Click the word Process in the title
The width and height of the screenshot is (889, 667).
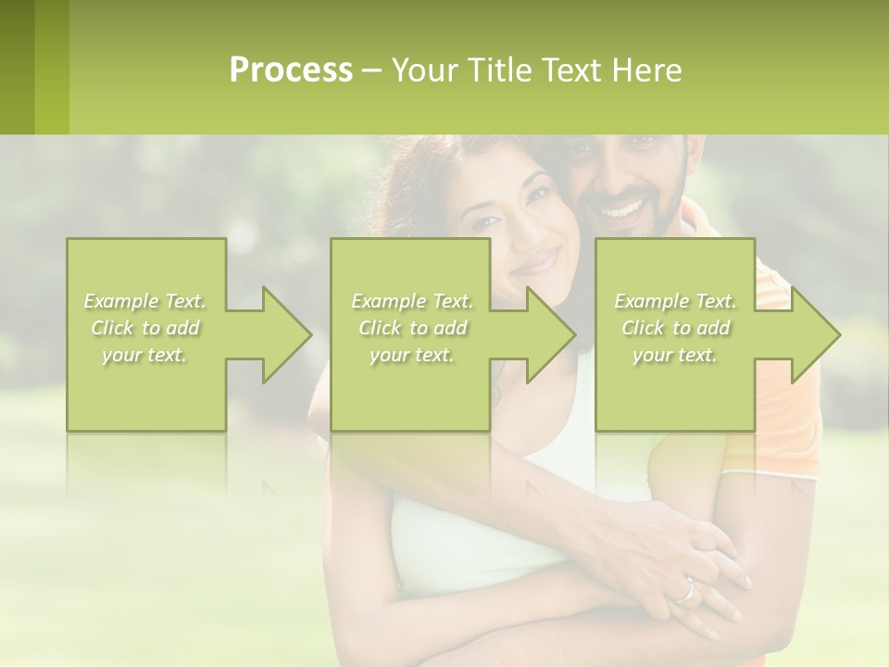point(291,69)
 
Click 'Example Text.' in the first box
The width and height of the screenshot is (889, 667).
point(145,301)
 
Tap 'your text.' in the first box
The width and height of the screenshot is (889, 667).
point(145,355)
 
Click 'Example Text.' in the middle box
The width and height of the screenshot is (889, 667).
point(412,301)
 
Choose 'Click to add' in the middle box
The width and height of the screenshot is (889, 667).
point(412,328)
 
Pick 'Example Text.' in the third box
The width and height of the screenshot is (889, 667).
point(675,301)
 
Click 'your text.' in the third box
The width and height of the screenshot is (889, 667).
point(675,355)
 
